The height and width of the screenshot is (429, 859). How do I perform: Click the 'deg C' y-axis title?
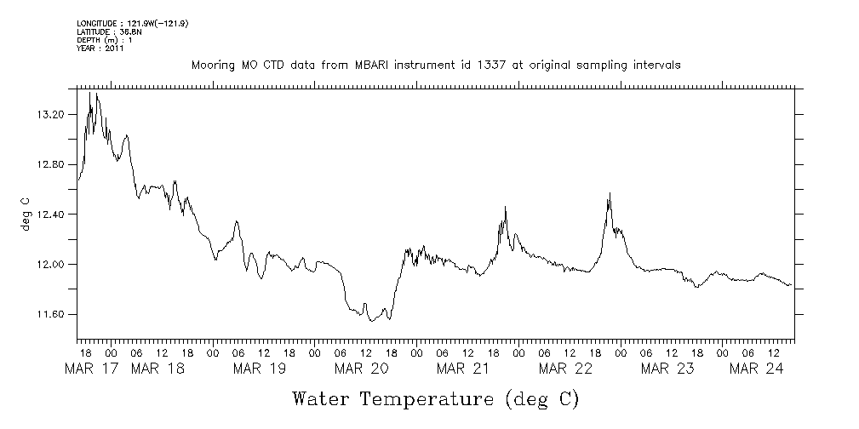click(x=25, y=214)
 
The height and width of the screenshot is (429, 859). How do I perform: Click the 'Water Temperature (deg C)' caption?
click(x=435, y=398)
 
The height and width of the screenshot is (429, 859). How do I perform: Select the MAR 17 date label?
click(x=91, y=369)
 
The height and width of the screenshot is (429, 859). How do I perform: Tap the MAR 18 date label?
click(x=158, y=369)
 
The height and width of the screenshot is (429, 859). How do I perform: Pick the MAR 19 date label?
click(x=261, y=369)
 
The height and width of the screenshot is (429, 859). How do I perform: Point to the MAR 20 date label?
click(x=363, y=369)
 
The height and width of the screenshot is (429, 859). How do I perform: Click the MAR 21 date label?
click(x=463, y=369)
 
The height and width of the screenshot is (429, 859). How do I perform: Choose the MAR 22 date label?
click(x=565, y=369)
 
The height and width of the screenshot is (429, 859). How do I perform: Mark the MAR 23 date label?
click(x=667, y=369)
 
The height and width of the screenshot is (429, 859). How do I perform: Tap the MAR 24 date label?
click(x=757, y=369)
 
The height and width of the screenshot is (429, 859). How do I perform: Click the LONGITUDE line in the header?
click(x=132, y=23)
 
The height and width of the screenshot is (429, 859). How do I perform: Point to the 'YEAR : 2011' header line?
click(x=100, y=49)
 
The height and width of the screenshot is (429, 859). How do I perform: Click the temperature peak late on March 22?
click(x=610, y=194)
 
